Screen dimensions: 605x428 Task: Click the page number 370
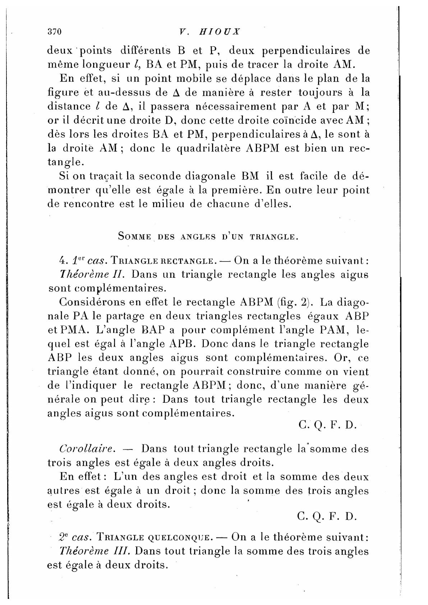point(55,32)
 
